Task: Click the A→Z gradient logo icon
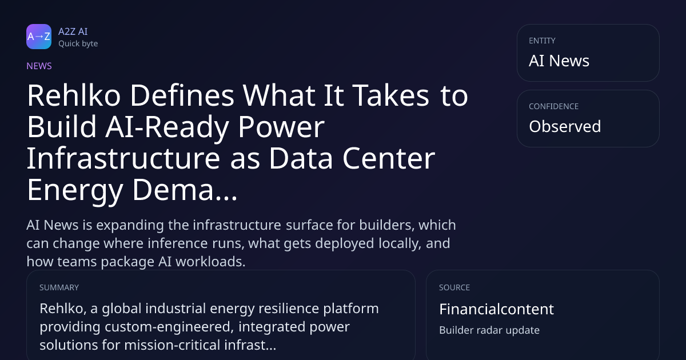pos(39,37)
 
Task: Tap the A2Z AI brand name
pos(73,31)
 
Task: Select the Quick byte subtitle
pos(78,44)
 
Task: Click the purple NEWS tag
pos(39,66)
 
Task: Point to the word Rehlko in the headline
pos(74,95)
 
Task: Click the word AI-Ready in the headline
pos(167,127)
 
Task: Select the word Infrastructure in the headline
pos(123,159)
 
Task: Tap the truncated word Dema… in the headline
pos(185,190)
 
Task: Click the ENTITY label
pos(542,41)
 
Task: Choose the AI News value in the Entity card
pos(559,61)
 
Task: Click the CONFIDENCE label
pos(554,106)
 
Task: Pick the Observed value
pos(565,126)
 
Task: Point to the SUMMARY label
pos(59,287)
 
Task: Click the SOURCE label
pos(454,287)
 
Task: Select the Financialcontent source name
pos(496,309)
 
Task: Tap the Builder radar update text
pos(489,330)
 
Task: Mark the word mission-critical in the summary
pos(172,345)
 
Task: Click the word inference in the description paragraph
pos(173,243)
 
